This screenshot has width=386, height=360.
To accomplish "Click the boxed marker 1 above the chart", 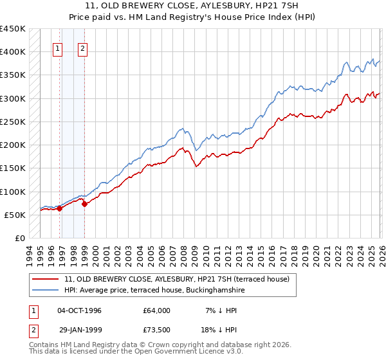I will pyautogui.click(x=58, y=48).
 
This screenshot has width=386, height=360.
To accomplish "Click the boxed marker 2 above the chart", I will pyautogui.click(x=84, y=48).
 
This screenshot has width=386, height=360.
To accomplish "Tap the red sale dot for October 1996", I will pyautogui.click(x=59, y=208).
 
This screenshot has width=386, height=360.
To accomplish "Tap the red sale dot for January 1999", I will pyautogui.click(x=84, y=204).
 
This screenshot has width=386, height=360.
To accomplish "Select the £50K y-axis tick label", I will pyautogui.click(x=15, y=215).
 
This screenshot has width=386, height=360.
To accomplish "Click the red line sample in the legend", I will pyautogui.click(x=46, y=279).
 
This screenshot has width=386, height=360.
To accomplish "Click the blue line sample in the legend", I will pyautogui.click(x=46, y=291).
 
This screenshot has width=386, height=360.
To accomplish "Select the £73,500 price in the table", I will pyautogui.click(x=157, y=328).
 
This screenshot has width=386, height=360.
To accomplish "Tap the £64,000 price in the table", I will pyautogui.click(x=157, y=310).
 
